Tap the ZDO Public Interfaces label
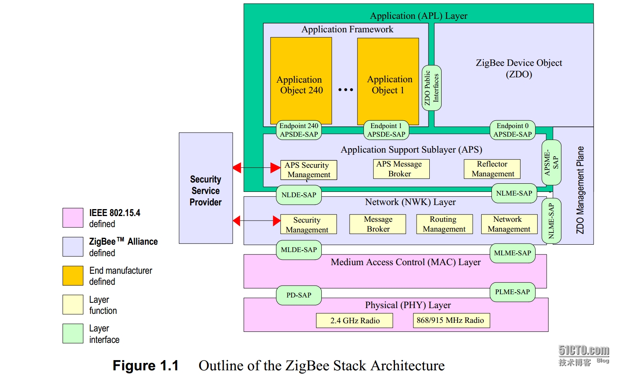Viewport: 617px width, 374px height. coord(431,88)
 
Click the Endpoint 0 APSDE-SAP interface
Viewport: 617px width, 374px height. coord(512,130)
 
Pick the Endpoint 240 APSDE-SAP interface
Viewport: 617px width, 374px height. coord(298,130)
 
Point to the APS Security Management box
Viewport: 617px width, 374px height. coord(309,170)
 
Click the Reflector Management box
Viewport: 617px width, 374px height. coord(492,169)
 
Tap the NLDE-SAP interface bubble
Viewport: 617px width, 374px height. coord(298,195)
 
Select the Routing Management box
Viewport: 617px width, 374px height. coord(444,224)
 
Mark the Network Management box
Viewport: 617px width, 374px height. coord(509,224)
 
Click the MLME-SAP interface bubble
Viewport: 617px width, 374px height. coord(512,253)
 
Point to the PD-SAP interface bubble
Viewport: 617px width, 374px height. coord(298,295)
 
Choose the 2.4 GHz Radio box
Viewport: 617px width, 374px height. coord(354,321)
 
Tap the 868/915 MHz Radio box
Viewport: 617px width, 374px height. coord(451,320)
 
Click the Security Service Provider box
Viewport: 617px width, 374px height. coord(206,188)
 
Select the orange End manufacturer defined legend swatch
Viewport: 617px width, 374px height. coord(73,276)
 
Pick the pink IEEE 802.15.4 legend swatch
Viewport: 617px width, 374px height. coord(73,218)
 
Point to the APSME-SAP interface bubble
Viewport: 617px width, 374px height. coord(551,163)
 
